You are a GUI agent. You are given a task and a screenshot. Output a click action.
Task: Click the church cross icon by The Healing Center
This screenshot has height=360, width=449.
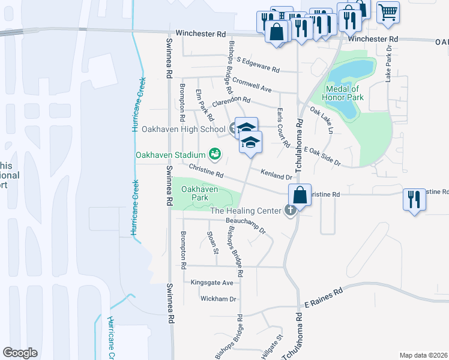pos(291,211)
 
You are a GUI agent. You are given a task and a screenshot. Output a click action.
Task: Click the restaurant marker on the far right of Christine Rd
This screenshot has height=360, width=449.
pos(412,199)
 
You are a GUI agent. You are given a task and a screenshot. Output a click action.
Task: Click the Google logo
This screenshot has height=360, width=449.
pos(20,352)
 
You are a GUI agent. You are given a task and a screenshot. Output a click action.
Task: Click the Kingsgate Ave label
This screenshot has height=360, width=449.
pos(211,282)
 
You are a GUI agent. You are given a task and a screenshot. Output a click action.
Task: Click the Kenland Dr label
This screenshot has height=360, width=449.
pos(276,175)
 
